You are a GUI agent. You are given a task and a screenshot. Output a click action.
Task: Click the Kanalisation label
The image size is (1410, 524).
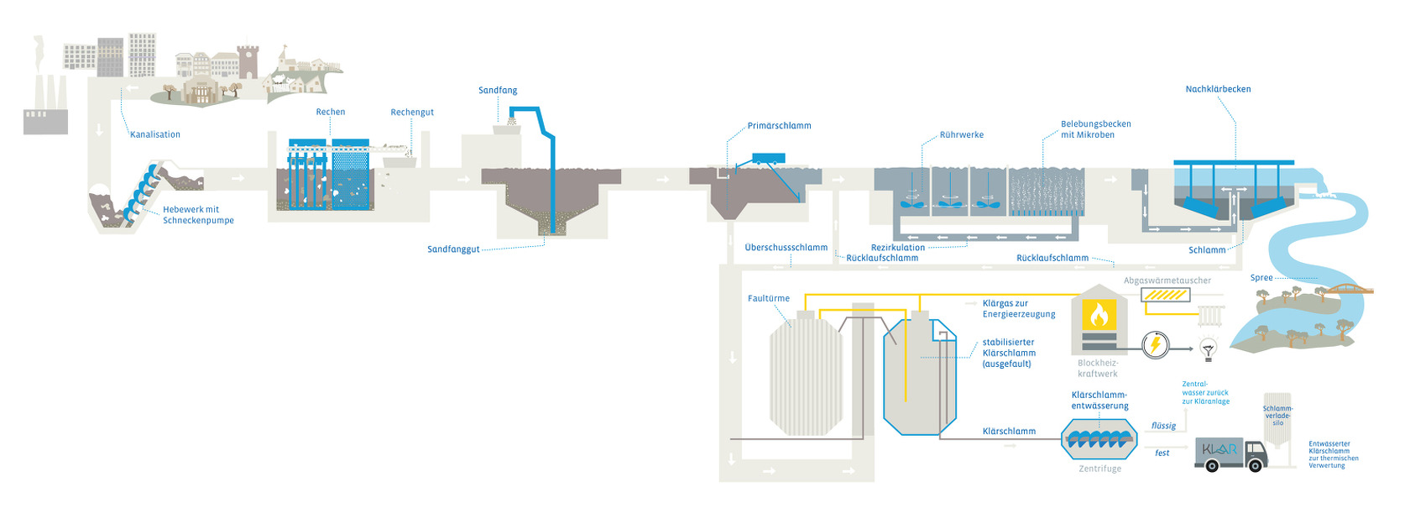click(155, 134)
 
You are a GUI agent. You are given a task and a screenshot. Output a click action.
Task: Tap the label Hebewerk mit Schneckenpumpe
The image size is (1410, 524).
click(198, 215)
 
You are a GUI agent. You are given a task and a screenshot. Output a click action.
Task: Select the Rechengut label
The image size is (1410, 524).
click(412, 113)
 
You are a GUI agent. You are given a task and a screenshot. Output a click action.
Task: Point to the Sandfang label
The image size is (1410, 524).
click(498, 91)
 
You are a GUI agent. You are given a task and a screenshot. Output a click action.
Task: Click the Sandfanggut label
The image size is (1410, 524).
click(453, 249)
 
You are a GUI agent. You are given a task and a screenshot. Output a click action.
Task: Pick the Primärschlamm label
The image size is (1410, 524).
click(779, 126)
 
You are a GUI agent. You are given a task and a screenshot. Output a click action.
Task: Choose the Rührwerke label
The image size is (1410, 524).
click(961, 135)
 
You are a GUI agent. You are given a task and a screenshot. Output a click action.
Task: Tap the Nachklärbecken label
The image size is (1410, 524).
click(1218, 89)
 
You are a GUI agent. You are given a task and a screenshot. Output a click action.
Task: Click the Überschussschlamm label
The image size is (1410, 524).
click(786, 248)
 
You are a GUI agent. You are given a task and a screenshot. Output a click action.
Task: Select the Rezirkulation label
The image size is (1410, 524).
click(897, 248)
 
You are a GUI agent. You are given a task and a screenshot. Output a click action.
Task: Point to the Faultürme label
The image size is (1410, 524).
click(768, 298)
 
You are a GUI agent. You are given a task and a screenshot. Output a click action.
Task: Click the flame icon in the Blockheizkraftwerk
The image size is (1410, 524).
click(1099, 314)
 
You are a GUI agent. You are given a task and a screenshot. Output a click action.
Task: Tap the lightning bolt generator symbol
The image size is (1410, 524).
click(1156, 344)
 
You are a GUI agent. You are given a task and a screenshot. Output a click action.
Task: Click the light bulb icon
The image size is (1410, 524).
click(1209, 348)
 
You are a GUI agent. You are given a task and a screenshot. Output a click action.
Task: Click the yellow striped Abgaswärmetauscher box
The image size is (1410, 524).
click(1165, 295)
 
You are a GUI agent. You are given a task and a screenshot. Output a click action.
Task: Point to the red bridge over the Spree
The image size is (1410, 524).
click(1347, 288)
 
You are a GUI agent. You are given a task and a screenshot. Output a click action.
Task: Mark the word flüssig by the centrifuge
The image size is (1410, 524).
click(1163, 426)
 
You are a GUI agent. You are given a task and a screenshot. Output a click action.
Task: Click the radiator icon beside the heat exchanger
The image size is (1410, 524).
click(1210, 315)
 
